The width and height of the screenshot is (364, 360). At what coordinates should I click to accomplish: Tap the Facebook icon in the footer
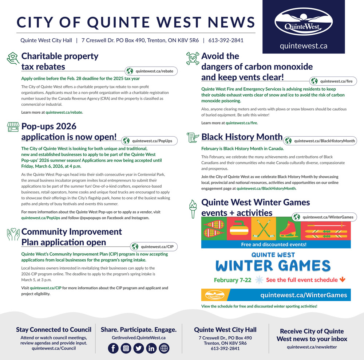tap(114, 348)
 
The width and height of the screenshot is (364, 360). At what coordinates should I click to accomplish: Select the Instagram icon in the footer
tap(126, 348)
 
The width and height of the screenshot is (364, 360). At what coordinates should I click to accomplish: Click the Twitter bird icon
tap(139, 348)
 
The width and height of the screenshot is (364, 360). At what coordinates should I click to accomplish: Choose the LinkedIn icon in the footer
tap(151, 348)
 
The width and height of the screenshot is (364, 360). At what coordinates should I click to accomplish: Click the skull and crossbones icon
tap(193, 58)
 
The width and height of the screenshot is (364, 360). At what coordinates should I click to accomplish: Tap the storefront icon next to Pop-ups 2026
tap(13, 127)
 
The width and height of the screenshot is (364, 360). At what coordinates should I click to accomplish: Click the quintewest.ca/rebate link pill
tap(151, 71)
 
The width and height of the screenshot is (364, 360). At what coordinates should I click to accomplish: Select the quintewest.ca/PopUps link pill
tap(149, 141)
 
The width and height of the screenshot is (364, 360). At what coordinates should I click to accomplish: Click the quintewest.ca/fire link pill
tap(333, 81)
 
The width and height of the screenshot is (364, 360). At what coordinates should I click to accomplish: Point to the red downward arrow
tap(342, 280)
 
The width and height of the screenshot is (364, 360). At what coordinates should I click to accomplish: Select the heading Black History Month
tap(242, 137)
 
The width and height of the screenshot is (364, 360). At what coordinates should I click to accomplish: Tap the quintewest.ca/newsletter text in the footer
tap(312, 347)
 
